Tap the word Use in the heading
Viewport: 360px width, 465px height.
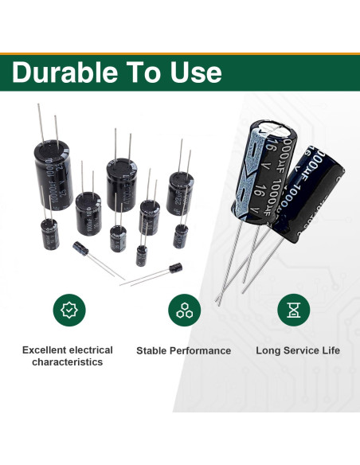point(191,72)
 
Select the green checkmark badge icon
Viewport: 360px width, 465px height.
point(68,310)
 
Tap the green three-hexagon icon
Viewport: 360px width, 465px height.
point(183,310)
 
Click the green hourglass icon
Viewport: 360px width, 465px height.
point(293,310)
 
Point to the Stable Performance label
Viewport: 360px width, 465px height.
point(183,350)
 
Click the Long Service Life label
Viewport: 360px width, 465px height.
point(298,350)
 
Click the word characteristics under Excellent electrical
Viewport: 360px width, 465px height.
point(68,362)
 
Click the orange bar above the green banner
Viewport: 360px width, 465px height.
point(180,53)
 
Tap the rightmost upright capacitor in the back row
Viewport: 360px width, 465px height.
point(180,194)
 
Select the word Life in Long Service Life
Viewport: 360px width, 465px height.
point(329,350)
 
